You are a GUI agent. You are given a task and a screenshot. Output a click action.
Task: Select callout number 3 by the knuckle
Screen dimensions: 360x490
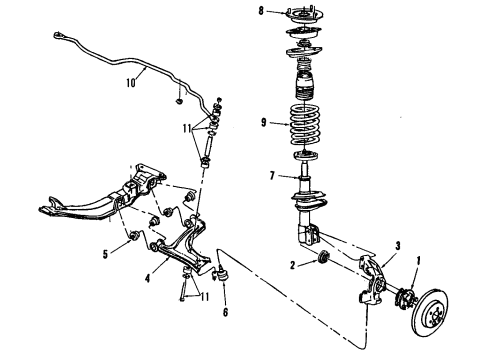397,245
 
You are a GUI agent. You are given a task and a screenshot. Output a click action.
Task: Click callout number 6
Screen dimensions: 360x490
224,311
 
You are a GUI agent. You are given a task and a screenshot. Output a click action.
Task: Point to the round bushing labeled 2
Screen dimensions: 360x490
321,262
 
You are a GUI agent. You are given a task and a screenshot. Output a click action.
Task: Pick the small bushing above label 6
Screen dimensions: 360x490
224,275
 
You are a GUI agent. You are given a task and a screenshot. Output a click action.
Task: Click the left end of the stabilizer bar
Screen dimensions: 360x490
59,37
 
